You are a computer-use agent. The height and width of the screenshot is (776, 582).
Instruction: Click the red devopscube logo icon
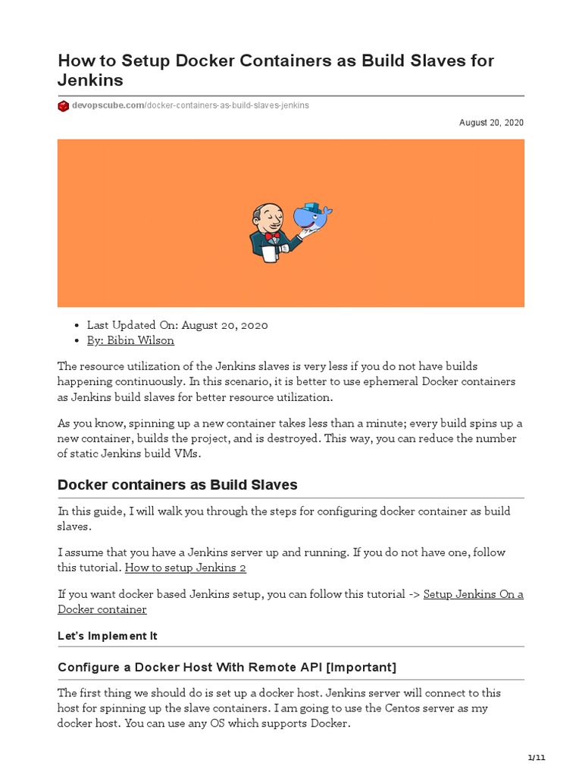coord(64,106)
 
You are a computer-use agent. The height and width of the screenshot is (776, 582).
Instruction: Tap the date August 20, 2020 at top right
coord(491,123)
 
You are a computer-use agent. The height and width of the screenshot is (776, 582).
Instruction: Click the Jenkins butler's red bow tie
coord(272,235)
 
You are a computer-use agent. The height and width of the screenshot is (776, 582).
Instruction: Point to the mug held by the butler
coord(268,255)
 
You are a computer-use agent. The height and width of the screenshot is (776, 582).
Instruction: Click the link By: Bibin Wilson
coord(130,341)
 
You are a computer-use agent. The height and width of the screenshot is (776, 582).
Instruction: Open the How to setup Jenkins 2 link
coord(185,568)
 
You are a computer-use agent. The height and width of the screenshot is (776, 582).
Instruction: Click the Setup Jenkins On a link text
coord(473,594)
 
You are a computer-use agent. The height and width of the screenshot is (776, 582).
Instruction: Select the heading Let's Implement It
coord(108,636)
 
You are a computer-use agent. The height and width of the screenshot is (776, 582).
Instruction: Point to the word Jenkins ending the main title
coord(91,80)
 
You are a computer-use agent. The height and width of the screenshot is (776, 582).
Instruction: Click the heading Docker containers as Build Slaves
coord(177,485)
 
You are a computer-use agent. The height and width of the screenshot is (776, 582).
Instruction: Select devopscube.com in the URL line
coord(107,106)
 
